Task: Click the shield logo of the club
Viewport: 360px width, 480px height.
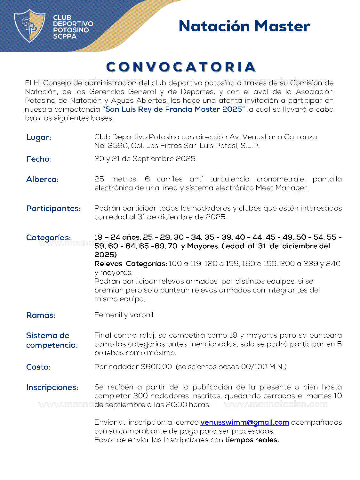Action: click(x=29, y=26)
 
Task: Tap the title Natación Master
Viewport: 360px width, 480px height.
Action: click(x=244, y=26)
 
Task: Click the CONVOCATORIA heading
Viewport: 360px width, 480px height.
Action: click(x=181, y=67)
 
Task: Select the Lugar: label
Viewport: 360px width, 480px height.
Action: click(x=39, y=138)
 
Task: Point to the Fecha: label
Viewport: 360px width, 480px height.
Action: click(x=39, y=159)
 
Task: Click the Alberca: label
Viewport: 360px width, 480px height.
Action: click(x=42, y=180)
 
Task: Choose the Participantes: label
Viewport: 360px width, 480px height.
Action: click(x=53, y=209)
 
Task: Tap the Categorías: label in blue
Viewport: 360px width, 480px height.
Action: click(x=48, y=238)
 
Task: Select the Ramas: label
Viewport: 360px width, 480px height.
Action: click(x=41, y=316)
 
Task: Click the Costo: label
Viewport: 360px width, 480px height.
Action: click(x=38, y=367)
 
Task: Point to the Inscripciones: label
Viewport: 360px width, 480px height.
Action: click(x=52, y=388)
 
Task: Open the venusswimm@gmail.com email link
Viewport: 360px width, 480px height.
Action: click(x=245, y=422)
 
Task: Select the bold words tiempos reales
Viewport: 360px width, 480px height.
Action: click(x=252, y=440)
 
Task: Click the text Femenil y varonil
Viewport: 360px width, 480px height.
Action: click(x=124, y=315)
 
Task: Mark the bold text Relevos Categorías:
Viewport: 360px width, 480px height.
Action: click(x=131, y=264)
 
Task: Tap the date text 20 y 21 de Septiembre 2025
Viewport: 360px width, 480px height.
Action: click(x=146, y=159)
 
